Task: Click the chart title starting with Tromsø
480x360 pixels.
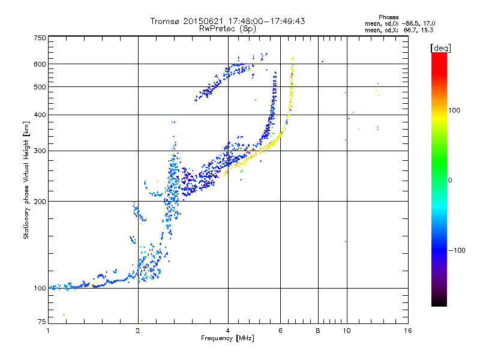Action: point(227,21)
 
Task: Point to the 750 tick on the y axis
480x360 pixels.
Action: point(40,37)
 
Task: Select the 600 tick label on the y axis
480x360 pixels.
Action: point(40,64)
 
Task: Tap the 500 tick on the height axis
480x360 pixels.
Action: point(40,86)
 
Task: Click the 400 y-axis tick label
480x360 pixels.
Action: point(40,115)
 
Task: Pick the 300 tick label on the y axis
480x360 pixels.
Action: point(40,151)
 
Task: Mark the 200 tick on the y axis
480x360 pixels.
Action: point(40,201)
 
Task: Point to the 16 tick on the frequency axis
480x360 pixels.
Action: point(408,331)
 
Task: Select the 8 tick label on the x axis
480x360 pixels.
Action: point(318,331)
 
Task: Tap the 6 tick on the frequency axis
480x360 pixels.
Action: point(280,331)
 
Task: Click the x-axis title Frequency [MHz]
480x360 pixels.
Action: point(227,338)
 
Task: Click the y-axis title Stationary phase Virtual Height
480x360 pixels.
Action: point(26,180)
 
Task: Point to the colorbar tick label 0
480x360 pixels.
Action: point(451,180)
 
